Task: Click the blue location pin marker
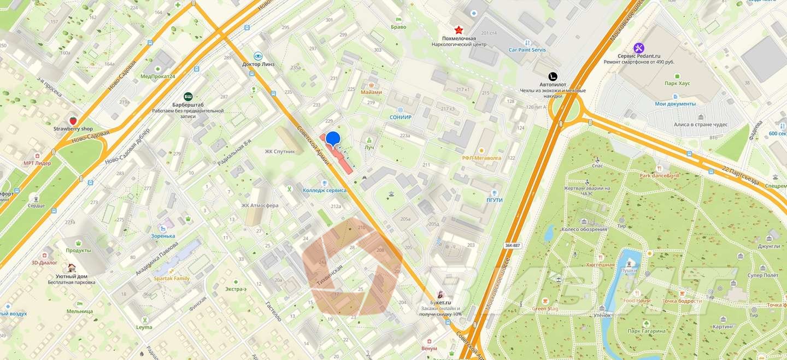333,139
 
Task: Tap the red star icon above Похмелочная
459,29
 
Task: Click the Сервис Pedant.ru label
639,56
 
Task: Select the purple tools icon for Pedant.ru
639,48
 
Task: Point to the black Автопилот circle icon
553,76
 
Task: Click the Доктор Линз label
258,64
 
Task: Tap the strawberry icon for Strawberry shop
73,120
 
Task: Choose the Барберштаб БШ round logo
188,96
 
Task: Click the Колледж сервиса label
325,190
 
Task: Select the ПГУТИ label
494,200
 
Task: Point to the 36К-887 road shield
512,245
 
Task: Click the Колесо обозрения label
584,229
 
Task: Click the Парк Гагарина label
647,331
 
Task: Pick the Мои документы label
676,104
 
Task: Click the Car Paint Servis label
527,50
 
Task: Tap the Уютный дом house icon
72,268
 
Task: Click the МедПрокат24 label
158,76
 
